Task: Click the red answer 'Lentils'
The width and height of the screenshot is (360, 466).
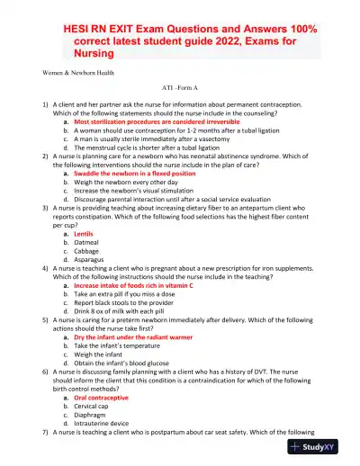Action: [x=83, y=233]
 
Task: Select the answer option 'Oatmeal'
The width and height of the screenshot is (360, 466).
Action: [x=85, y=243]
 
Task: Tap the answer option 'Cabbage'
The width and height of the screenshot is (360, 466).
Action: [x=85, y=253]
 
